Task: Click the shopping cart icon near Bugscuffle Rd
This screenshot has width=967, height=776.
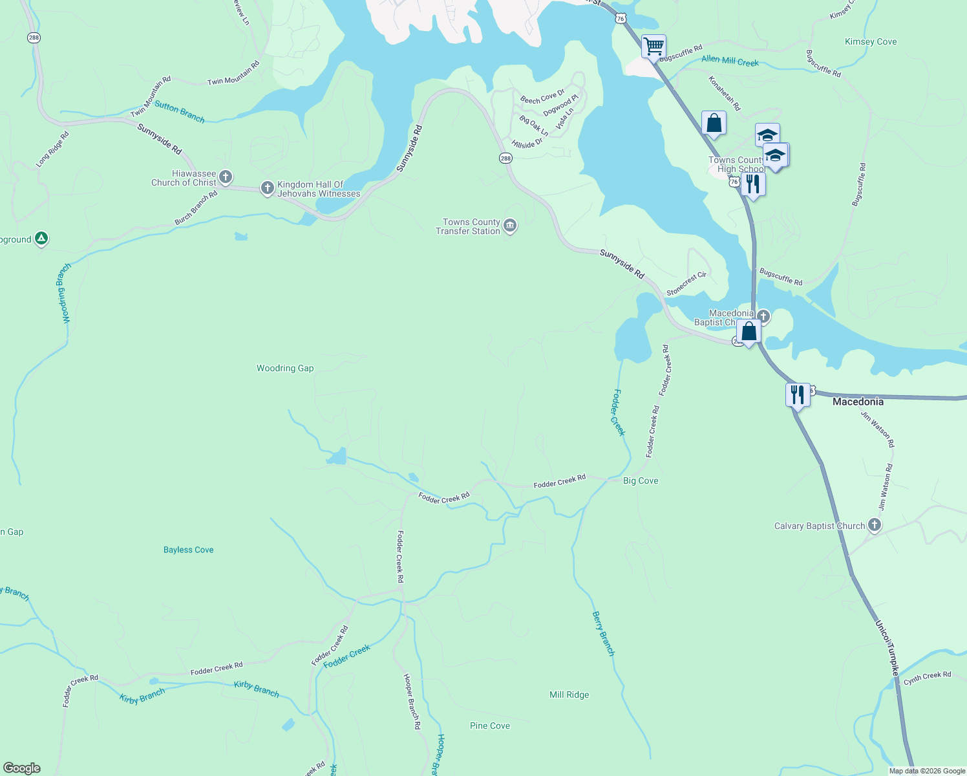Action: (654, 47)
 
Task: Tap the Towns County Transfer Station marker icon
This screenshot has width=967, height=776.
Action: (510, 226)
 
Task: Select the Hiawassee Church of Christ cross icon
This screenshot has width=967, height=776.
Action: (226, 177)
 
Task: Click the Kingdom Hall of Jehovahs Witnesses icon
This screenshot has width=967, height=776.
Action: (267, 188)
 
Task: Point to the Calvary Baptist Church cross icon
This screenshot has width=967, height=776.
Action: (875, 524)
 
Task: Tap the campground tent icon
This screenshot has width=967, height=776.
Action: (41, 239)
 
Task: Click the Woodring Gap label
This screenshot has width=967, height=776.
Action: (285, 368)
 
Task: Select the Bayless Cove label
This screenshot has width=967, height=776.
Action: (188, 550)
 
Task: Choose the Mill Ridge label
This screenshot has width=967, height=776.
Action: (569, 695)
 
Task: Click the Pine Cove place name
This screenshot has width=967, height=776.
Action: (489, 726)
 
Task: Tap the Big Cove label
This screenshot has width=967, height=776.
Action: (640, 480)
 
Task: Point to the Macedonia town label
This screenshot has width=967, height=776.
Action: (858, 402)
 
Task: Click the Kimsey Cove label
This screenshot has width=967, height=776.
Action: (870, 41)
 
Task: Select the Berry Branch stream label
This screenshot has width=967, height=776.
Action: (603, 634)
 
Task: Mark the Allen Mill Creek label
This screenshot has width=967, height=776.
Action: (730, 61)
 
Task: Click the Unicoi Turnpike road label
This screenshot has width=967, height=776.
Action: (886, 648)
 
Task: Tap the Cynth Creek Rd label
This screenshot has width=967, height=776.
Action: (927, 678)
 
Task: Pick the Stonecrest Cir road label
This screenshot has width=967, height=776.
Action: (686, 284)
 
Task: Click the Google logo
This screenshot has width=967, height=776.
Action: (21, 768)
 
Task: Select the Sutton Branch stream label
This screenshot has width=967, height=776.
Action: (180, 113)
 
